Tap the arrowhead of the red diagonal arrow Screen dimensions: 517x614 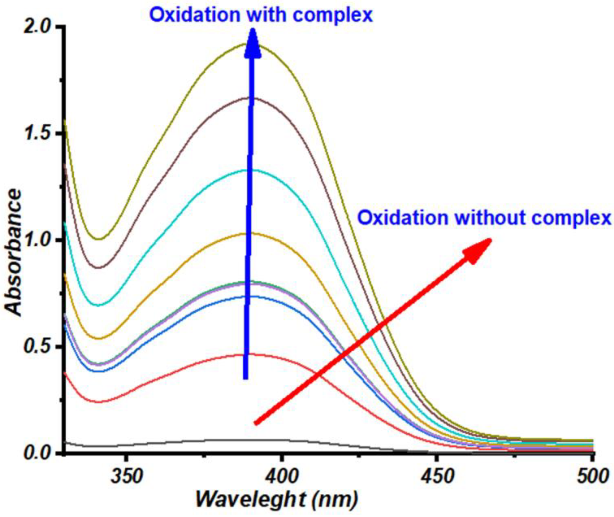pos(479,249)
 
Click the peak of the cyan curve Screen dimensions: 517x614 pos(252,170)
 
